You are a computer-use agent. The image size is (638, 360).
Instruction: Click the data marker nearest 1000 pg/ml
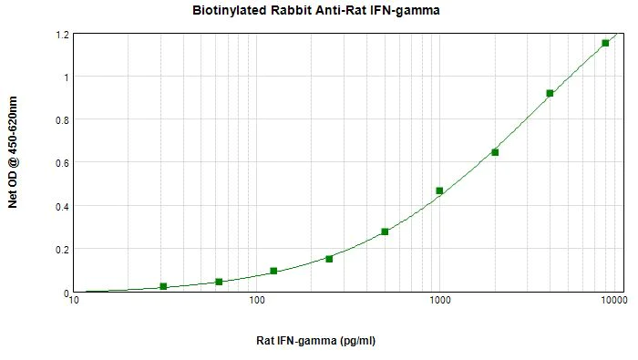tap(439, 190)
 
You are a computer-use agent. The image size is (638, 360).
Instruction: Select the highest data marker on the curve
tap(605, 43)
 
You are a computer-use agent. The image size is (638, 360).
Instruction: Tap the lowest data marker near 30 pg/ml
tap(163, 286)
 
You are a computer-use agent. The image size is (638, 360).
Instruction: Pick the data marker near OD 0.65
tap(495, 152)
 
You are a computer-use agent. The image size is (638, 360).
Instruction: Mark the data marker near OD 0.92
tap(550, 93)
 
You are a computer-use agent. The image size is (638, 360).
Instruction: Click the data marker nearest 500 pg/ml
tap(385, 231)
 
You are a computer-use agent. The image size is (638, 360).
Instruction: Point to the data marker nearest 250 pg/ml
tap(329, 259)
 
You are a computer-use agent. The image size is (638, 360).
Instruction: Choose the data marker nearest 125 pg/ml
tap(273, 271)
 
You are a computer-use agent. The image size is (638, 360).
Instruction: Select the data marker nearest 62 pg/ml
tap(219, 282)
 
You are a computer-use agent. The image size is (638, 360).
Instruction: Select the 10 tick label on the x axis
tap(75, 301)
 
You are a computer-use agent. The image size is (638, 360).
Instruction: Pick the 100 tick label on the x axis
tap(256, 301)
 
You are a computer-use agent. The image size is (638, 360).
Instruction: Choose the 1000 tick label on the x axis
tap(439, 301)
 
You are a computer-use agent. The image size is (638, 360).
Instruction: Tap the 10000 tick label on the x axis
tap(612, 301)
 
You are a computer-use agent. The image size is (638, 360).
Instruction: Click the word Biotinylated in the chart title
tap(228, 11)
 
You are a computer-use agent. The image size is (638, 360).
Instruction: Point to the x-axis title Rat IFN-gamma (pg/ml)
tap(315, 341)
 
